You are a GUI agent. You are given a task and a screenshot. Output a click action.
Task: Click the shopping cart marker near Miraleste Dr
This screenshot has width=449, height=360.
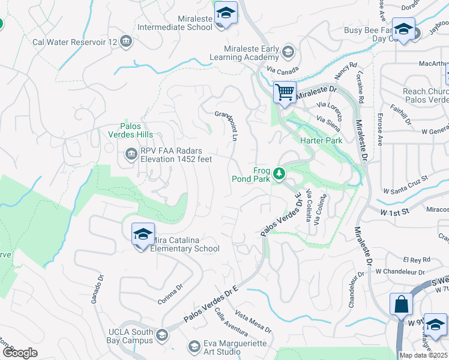[284, 92]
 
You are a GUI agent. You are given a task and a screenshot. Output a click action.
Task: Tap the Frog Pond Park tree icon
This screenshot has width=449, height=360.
[279, 174]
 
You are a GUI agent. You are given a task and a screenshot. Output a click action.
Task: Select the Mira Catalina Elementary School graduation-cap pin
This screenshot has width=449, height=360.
[143, 235]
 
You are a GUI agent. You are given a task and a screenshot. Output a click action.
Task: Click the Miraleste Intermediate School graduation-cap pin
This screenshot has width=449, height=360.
[226, 13]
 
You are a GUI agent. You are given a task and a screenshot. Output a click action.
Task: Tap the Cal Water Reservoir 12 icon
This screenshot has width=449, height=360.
[126, 41]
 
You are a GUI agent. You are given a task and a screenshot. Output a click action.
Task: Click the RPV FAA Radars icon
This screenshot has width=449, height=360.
[131, 155]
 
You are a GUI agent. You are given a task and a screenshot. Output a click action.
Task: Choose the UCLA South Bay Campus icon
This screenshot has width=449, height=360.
[160, 335]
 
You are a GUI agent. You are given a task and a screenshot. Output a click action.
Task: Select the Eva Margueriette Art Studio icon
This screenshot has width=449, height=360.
[194, 346]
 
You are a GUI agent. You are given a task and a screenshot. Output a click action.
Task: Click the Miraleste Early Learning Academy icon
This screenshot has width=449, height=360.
[288, 52]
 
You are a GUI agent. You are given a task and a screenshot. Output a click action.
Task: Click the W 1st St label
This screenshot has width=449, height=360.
[394, 211]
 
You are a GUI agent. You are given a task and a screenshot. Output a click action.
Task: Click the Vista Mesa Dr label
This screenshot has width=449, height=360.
[253, 322]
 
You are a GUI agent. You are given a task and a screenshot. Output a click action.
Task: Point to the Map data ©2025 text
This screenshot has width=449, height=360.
[424, 355]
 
